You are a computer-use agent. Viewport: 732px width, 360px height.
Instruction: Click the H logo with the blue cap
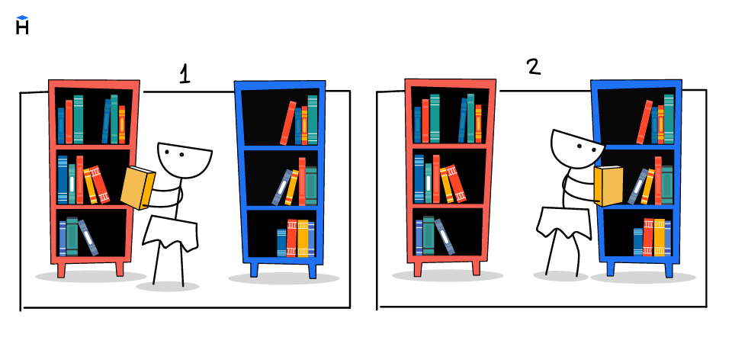click(22, 25)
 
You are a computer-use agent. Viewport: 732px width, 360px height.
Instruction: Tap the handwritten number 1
click(185, 75)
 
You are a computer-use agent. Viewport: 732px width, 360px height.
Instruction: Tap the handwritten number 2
click(534, 66)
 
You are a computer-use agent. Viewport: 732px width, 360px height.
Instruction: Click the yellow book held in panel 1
click(137, 187)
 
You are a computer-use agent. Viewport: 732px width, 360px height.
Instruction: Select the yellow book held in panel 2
click(608, 186)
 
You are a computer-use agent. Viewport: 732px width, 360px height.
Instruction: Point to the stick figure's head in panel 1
click(185, 159)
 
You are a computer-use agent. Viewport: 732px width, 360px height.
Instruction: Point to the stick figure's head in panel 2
click(577, 149)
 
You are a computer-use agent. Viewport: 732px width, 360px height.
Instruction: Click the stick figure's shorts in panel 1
click(170, 233)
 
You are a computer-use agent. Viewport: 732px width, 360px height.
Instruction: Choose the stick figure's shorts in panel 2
click(564, 223)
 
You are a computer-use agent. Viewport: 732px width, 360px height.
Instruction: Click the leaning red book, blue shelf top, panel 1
click(288, 123)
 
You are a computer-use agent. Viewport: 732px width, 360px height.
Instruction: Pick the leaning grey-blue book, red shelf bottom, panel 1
click(88, 238)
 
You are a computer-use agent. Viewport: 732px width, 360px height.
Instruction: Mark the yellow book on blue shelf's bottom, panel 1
click(303, 238)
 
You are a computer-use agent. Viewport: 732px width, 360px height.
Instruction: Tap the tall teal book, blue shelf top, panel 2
click(669, 119)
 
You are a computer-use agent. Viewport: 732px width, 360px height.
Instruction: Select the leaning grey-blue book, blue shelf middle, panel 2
click(637, 186)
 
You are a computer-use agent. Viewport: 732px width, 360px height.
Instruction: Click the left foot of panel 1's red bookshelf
click(61, 269)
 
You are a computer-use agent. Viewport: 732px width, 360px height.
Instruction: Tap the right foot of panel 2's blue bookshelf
click(669, 269)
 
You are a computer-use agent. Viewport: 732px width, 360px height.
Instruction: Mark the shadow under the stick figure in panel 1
click(168, 286)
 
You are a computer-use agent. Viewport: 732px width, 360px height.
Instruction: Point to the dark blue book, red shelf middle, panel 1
click(63, 180)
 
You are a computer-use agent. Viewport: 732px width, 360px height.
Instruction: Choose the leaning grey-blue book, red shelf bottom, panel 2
click(445, 236)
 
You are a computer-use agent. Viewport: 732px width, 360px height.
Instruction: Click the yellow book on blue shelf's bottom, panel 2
click(659, 237)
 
